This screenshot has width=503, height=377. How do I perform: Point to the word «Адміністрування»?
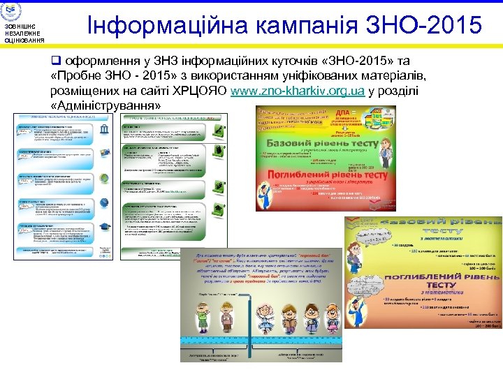pos(105,106)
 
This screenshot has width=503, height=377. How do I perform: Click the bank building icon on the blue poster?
pos(104,133)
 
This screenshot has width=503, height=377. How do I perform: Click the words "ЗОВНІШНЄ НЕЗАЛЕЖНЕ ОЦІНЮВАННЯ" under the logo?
pos(24,34)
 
